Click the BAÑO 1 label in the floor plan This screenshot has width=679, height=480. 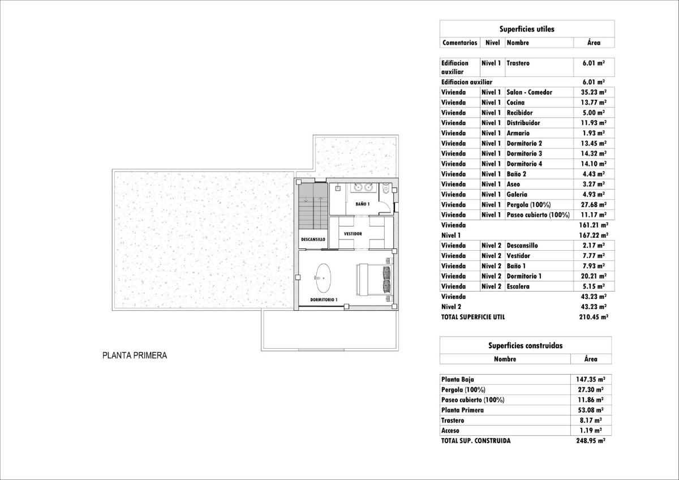tap(363, 204)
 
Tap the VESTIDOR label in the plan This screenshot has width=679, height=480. tap(353, 234)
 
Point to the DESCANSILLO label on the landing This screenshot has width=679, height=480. tap(312, 239)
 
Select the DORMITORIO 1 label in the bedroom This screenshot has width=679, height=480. tap(324, 299)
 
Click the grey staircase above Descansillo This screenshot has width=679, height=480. tap(313, 204)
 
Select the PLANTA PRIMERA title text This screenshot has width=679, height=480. tap(135, 356)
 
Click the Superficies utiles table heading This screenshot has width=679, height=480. tap(526, 29)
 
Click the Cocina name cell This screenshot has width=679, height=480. tap(515, 102)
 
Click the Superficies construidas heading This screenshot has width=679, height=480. tap(525, 345)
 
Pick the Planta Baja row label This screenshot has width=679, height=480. tap(457, 379)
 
